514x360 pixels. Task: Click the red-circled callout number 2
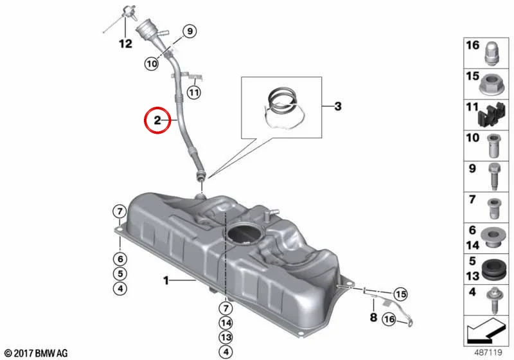click(x=157, y=120)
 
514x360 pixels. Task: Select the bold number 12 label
click(x=125, y=44)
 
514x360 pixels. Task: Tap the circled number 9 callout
click(x=190, y=32)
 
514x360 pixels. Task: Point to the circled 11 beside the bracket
click(x=194, y=93)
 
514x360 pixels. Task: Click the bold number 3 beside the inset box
click(x=338, y=106)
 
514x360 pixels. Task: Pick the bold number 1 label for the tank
click(x=166, y=281)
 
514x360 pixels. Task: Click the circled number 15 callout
click(x=400, y=294)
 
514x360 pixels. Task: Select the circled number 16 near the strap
click(x=389, y=319)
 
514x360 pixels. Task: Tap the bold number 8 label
click(x=373, y=318)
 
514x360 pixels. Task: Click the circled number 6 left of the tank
click(x=120, y=259)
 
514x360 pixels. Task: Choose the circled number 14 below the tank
click(x=226, y=323)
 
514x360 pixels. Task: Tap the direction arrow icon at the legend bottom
click(x=484, y=330)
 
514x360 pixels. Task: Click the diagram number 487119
click(x=488, y=353)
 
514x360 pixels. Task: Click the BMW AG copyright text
click(x=37, y=354)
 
